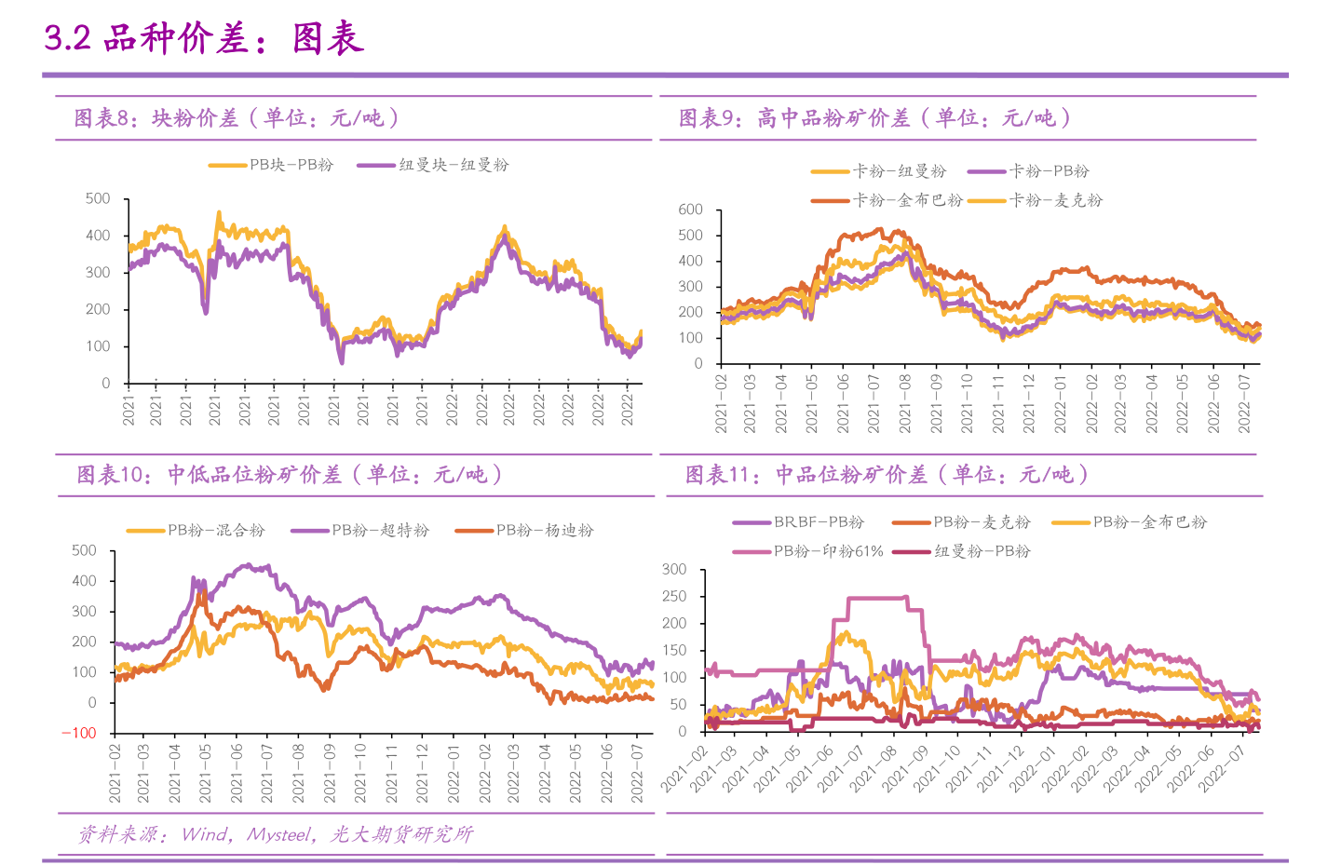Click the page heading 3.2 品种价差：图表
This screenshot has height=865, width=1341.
tap(203, 38)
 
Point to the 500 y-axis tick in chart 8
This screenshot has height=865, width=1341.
tap(98, 198)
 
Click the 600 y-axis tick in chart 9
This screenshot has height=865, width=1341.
tap(690, 209)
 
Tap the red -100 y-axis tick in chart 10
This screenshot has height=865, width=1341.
tap(79, 733)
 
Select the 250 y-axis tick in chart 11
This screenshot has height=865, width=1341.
tap(674, 596)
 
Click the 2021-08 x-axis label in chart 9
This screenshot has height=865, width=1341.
tap(905, 403)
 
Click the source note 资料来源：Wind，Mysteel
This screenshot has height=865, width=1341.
tap(276, 834)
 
